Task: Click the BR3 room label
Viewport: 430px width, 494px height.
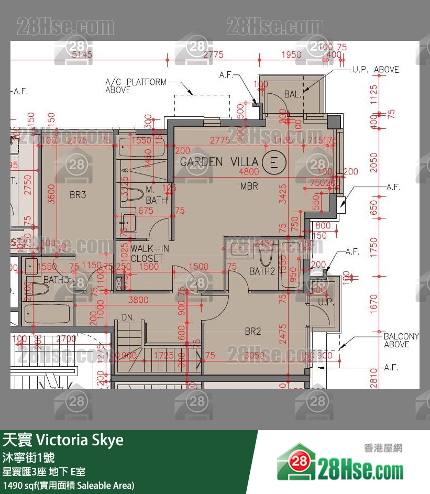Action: tap(78, 195)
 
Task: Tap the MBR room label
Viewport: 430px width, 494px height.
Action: tap(249, 186)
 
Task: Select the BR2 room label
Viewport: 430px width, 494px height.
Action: tap(253, 331)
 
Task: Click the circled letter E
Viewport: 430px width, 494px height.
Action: tap(273, 162)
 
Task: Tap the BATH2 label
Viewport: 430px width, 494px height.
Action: tap(262, 271)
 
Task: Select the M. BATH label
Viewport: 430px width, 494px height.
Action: tap(156, 194)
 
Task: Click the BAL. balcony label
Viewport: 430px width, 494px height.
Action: tap(293, 95)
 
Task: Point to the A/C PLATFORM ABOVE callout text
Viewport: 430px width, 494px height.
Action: tap(135, 86)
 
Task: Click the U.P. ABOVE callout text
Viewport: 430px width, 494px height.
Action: tap(375, 70)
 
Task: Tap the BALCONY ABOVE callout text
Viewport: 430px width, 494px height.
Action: tap(401, 340)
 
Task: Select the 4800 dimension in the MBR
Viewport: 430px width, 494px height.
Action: tap(249, 172)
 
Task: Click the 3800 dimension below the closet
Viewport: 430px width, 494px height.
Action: tap(138, 300)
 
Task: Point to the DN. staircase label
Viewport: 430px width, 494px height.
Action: tap(128, 317)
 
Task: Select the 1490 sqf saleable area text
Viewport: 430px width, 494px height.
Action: tap(68, 486)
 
